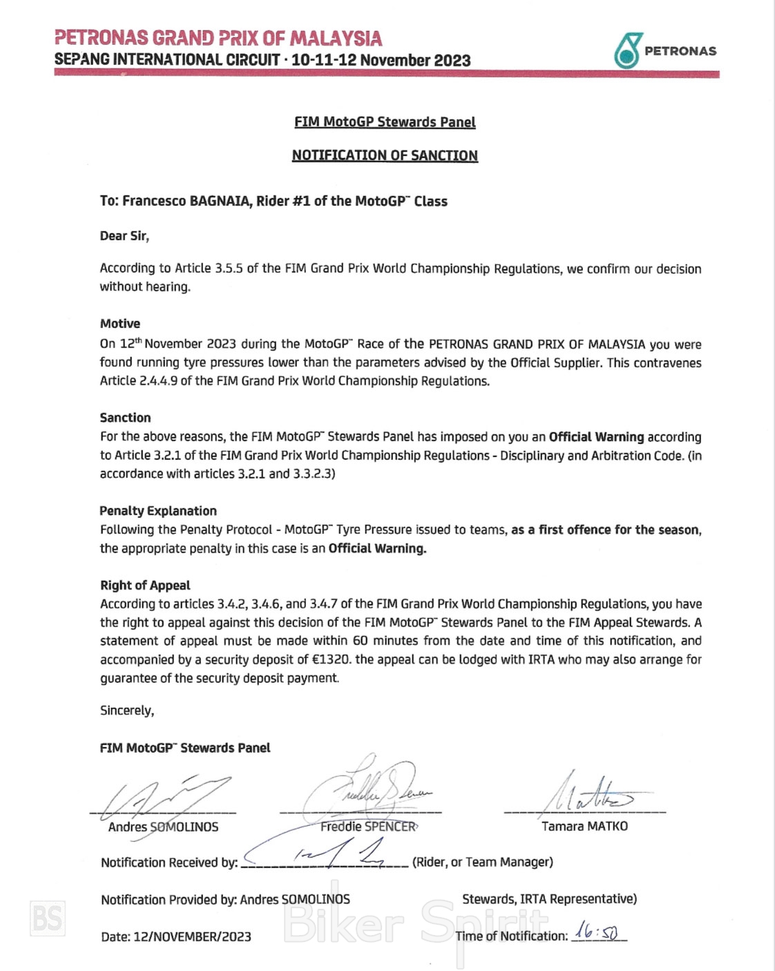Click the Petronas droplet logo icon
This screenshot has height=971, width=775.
point(627,50)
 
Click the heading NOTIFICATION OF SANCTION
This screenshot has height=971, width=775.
point(385,155)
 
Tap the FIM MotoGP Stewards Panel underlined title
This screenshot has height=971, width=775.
point(385,122)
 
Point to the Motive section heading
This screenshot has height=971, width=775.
point(120,323)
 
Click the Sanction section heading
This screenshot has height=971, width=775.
point(125,418)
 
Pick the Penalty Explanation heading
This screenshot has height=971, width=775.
point(158,511)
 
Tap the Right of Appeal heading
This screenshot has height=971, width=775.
point(145,586)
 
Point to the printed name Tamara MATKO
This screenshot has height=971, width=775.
point(584,827)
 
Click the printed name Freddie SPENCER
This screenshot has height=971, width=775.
point(369,827)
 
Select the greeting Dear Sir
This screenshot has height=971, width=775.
point(124,236)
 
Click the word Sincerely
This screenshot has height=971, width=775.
point(127,711)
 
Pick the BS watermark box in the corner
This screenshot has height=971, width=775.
point(48,919)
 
